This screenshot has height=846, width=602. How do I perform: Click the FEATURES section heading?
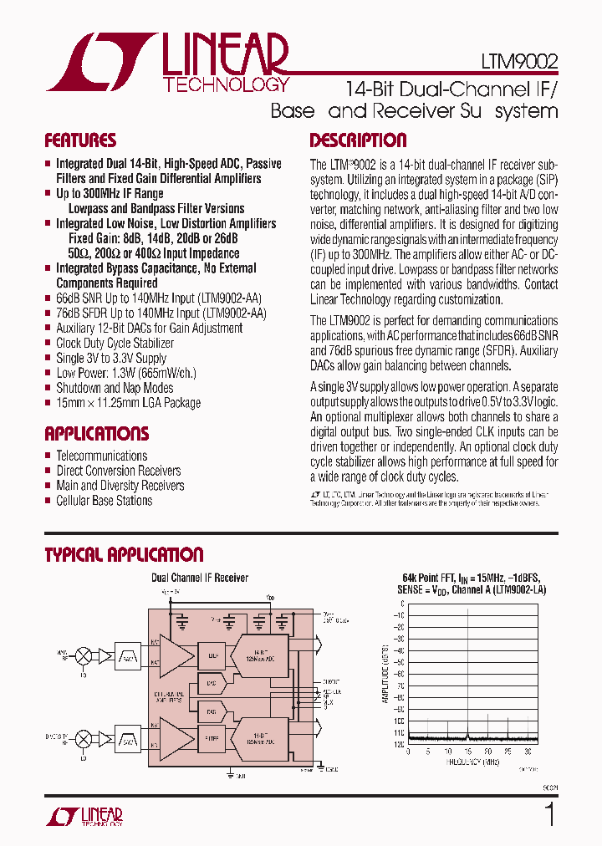80,140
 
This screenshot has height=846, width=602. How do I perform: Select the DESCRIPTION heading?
358,140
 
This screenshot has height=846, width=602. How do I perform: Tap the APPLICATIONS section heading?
96,434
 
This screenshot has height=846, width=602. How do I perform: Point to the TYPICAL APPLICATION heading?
124,555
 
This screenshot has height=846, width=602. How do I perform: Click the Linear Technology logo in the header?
168,63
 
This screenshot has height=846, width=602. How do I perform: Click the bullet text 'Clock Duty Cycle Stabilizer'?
115,343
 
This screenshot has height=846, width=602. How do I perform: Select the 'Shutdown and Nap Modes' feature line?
115,388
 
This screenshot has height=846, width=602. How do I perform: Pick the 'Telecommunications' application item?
101,456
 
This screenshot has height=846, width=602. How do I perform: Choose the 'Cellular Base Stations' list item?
104,501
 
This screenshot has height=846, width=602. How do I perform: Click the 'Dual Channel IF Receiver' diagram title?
199,578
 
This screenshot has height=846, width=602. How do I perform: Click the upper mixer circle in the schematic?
84,654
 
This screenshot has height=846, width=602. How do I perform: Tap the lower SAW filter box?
128,739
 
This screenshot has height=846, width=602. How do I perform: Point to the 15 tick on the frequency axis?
467,751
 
